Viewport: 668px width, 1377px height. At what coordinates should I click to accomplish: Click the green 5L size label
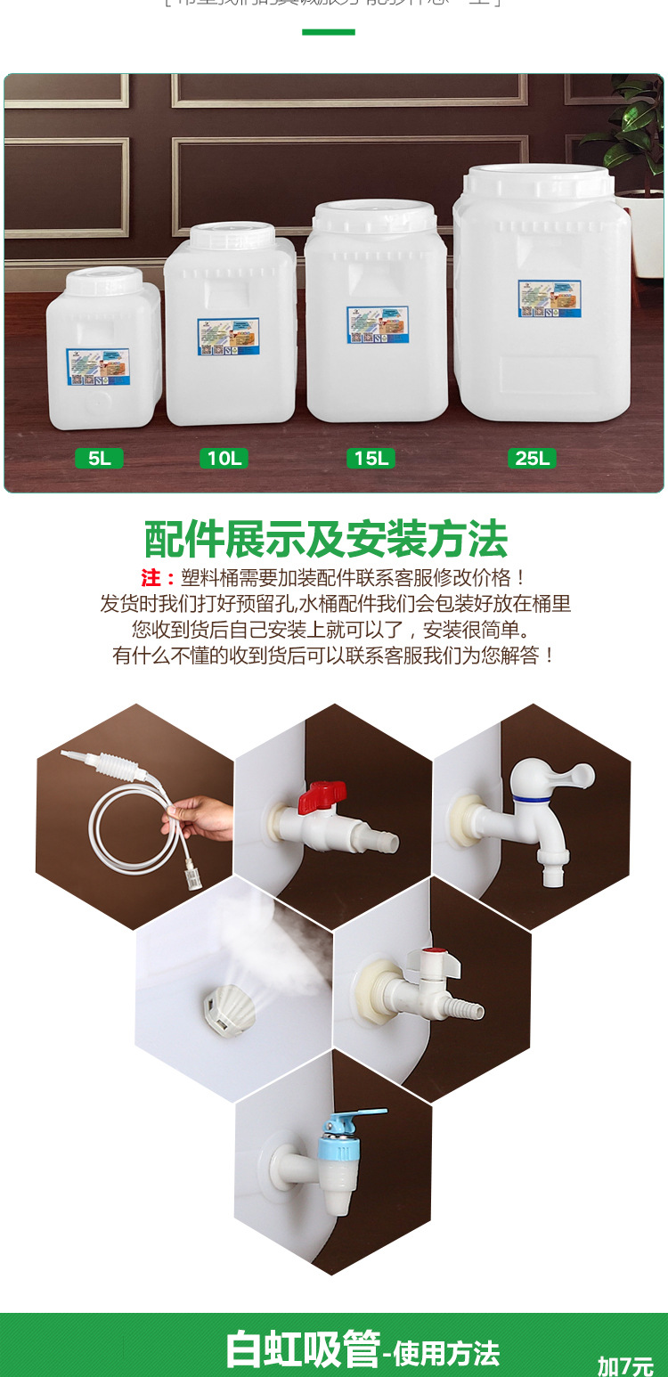pos(99,459)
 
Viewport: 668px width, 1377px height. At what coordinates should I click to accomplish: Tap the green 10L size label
pos(224,459)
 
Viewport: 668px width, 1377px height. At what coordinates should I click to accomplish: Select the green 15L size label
pos(371,459)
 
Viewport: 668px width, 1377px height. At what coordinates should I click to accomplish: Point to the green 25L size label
pos(532,459)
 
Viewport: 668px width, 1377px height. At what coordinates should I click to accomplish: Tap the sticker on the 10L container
pos(228,337)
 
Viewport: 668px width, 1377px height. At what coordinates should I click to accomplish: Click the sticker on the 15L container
pos(377,325)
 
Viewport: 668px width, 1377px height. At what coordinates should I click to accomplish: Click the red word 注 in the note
pos(151,577)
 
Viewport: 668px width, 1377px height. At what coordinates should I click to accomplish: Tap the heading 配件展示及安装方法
pos(326,539)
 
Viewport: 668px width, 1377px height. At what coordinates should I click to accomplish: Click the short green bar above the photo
pos(328,32)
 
